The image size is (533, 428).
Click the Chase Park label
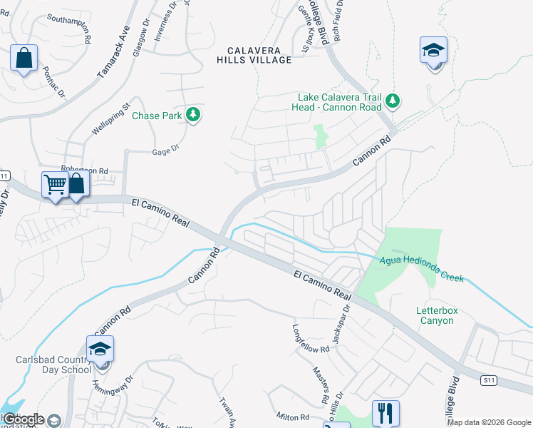click(x=157, y=115)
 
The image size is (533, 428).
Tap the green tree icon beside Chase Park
click(x=192, y=114)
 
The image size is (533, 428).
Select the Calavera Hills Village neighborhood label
click(x=254, y=55)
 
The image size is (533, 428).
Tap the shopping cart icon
click(x=56, y=185)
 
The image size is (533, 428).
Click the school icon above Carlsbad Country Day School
click(x=100, y=349)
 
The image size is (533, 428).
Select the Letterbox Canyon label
click(x=435, y=315)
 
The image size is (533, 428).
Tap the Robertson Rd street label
click(x=84, y=171)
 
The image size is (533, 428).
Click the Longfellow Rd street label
click(x=311, y=339)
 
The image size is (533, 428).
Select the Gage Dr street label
click(x=165, y=152)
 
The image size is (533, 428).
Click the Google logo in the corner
click(x=24, y=419)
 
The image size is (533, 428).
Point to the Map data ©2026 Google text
click(x=490, y=422)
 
